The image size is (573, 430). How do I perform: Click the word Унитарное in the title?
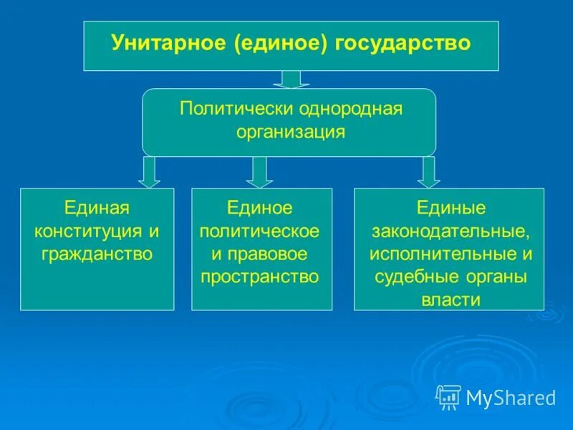(168, 42)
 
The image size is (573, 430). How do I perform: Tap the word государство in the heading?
(403, 44)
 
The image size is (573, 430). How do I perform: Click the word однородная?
(351, 110)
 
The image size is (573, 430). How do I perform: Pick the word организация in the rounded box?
(291, 132)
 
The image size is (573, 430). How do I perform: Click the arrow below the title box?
(291, 80)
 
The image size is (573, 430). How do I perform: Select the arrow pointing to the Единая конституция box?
(149, 172)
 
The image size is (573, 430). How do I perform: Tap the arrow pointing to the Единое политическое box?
(259, 172)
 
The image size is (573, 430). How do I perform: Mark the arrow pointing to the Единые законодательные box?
(428, 172)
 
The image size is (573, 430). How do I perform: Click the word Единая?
(97, 208)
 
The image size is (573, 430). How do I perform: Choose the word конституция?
(88, 231)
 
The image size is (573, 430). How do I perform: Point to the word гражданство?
(97, 254)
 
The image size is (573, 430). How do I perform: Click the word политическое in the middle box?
(259, 231)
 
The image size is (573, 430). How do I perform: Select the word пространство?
(259, 277)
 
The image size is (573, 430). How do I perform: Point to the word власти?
(451, 300)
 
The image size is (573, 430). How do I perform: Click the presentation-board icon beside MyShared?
(448, 397)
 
